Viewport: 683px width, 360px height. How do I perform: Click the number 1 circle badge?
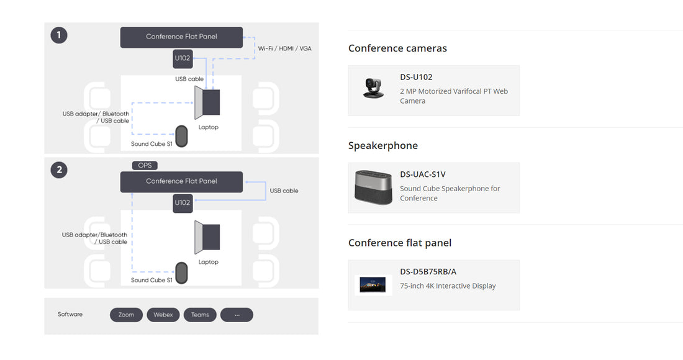coord(59,35)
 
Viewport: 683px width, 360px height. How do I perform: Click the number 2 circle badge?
coord(59,169)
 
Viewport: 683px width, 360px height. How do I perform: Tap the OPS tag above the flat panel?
coord(145,166)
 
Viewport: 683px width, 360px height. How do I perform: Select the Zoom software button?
coord(126,315)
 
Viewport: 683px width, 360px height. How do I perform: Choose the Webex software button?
coord(163,315)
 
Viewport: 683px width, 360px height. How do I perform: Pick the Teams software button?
coord(200,315)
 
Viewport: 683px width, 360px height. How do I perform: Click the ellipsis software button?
coord(237,315)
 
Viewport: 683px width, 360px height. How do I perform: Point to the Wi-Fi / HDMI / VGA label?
coord(285,48)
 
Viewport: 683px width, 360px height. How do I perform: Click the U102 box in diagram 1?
coord(183,59)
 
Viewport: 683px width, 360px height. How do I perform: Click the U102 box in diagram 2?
coord(183,203)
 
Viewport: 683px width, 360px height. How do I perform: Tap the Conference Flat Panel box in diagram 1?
coord(181,37)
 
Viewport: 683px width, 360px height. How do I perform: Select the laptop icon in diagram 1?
coord(207,102)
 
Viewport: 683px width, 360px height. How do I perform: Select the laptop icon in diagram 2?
coord(207,238)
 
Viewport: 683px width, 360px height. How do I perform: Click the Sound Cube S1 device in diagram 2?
coord(181,272)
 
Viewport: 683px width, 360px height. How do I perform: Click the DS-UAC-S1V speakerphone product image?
coord(373,187)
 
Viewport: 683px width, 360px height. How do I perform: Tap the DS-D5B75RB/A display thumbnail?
coord(373,284)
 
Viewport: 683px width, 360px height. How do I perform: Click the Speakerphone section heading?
coord(383,146)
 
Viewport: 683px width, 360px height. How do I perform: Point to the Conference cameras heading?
coord(397,48)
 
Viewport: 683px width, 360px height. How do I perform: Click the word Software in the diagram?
coord(70,315)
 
